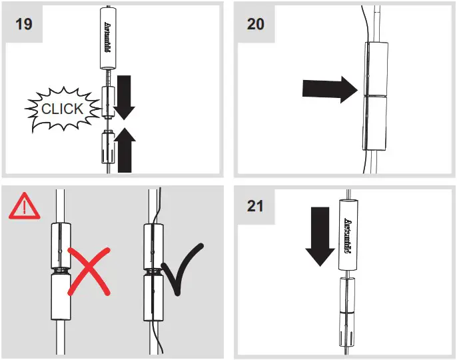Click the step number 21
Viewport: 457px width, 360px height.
tap(255, 206)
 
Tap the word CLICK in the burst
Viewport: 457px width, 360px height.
tap(63, 109)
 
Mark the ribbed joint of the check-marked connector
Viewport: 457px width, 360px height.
tap(153, 271)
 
